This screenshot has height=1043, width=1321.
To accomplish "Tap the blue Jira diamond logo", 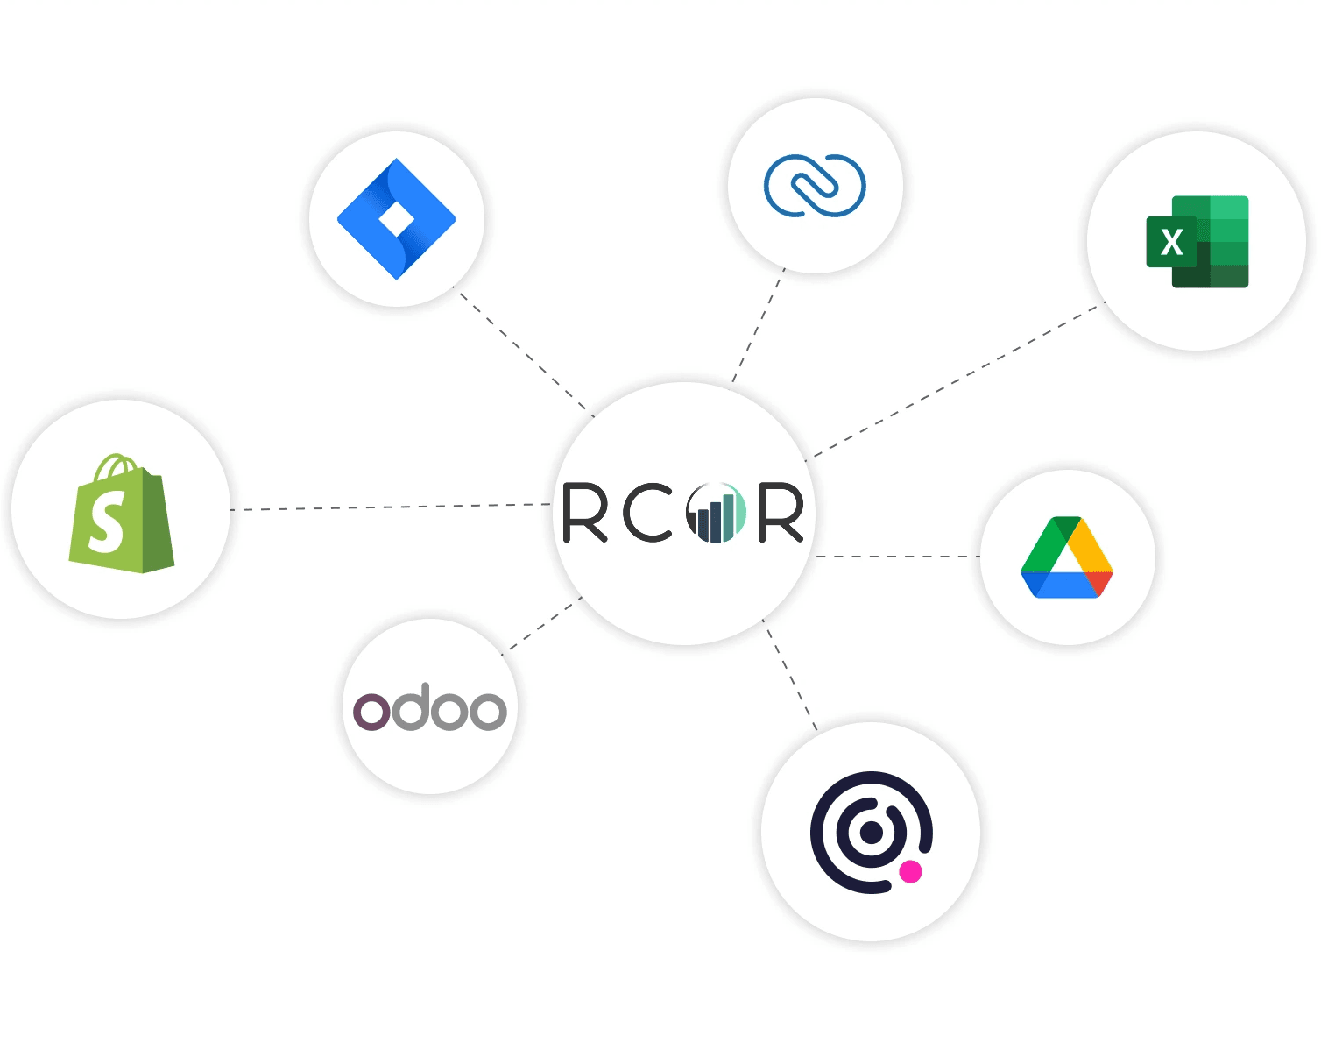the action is coord(397,219).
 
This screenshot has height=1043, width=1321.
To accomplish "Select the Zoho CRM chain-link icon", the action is coord(815,185).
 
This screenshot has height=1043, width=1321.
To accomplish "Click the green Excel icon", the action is coord(1197,242).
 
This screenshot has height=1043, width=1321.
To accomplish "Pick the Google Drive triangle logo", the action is coord(1067,558).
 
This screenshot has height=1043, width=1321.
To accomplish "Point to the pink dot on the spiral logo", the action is coord(911,871).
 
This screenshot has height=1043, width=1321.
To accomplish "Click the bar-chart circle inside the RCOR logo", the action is coord(716,513).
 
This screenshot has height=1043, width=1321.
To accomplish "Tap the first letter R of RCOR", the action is coord(584,513).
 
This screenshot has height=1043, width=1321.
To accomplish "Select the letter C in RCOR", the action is coord(646,513).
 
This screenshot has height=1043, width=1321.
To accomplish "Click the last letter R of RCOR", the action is coord(781,513).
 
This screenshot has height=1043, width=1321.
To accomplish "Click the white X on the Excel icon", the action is coord(1171,242).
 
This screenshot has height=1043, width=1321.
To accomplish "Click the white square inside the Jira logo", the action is coord(397,221).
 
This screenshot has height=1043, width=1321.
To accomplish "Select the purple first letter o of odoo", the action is coord(371,712).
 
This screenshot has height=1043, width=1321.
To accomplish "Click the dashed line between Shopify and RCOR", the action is coord(390,507).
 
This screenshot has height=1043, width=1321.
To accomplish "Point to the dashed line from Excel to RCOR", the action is coord(955,380).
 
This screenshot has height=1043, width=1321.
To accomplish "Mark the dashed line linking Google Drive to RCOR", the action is coord(898,557).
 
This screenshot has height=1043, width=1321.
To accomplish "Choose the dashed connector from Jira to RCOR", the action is coord(524,351).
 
